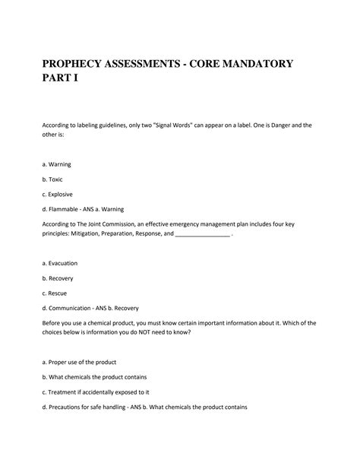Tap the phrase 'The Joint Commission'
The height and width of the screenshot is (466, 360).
pos(110,223)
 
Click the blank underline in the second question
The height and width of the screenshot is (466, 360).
pos(202,234)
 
